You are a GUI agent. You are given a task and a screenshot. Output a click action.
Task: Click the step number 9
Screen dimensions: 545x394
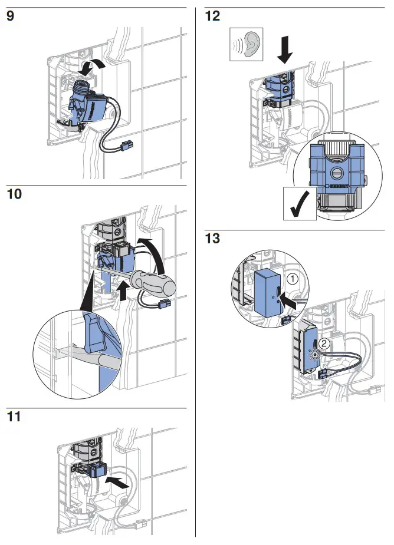tap(11, 16)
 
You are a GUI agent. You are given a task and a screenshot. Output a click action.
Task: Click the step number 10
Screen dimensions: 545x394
tap(14, 194)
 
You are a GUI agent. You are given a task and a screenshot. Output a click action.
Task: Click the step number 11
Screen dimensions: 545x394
tap(14, 417)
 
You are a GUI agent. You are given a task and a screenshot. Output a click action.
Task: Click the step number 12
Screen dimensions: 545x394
tap(212, 16)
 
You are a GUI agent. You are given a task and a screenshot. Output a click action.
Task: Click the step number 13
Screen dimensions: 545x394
tap(212, 239)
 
